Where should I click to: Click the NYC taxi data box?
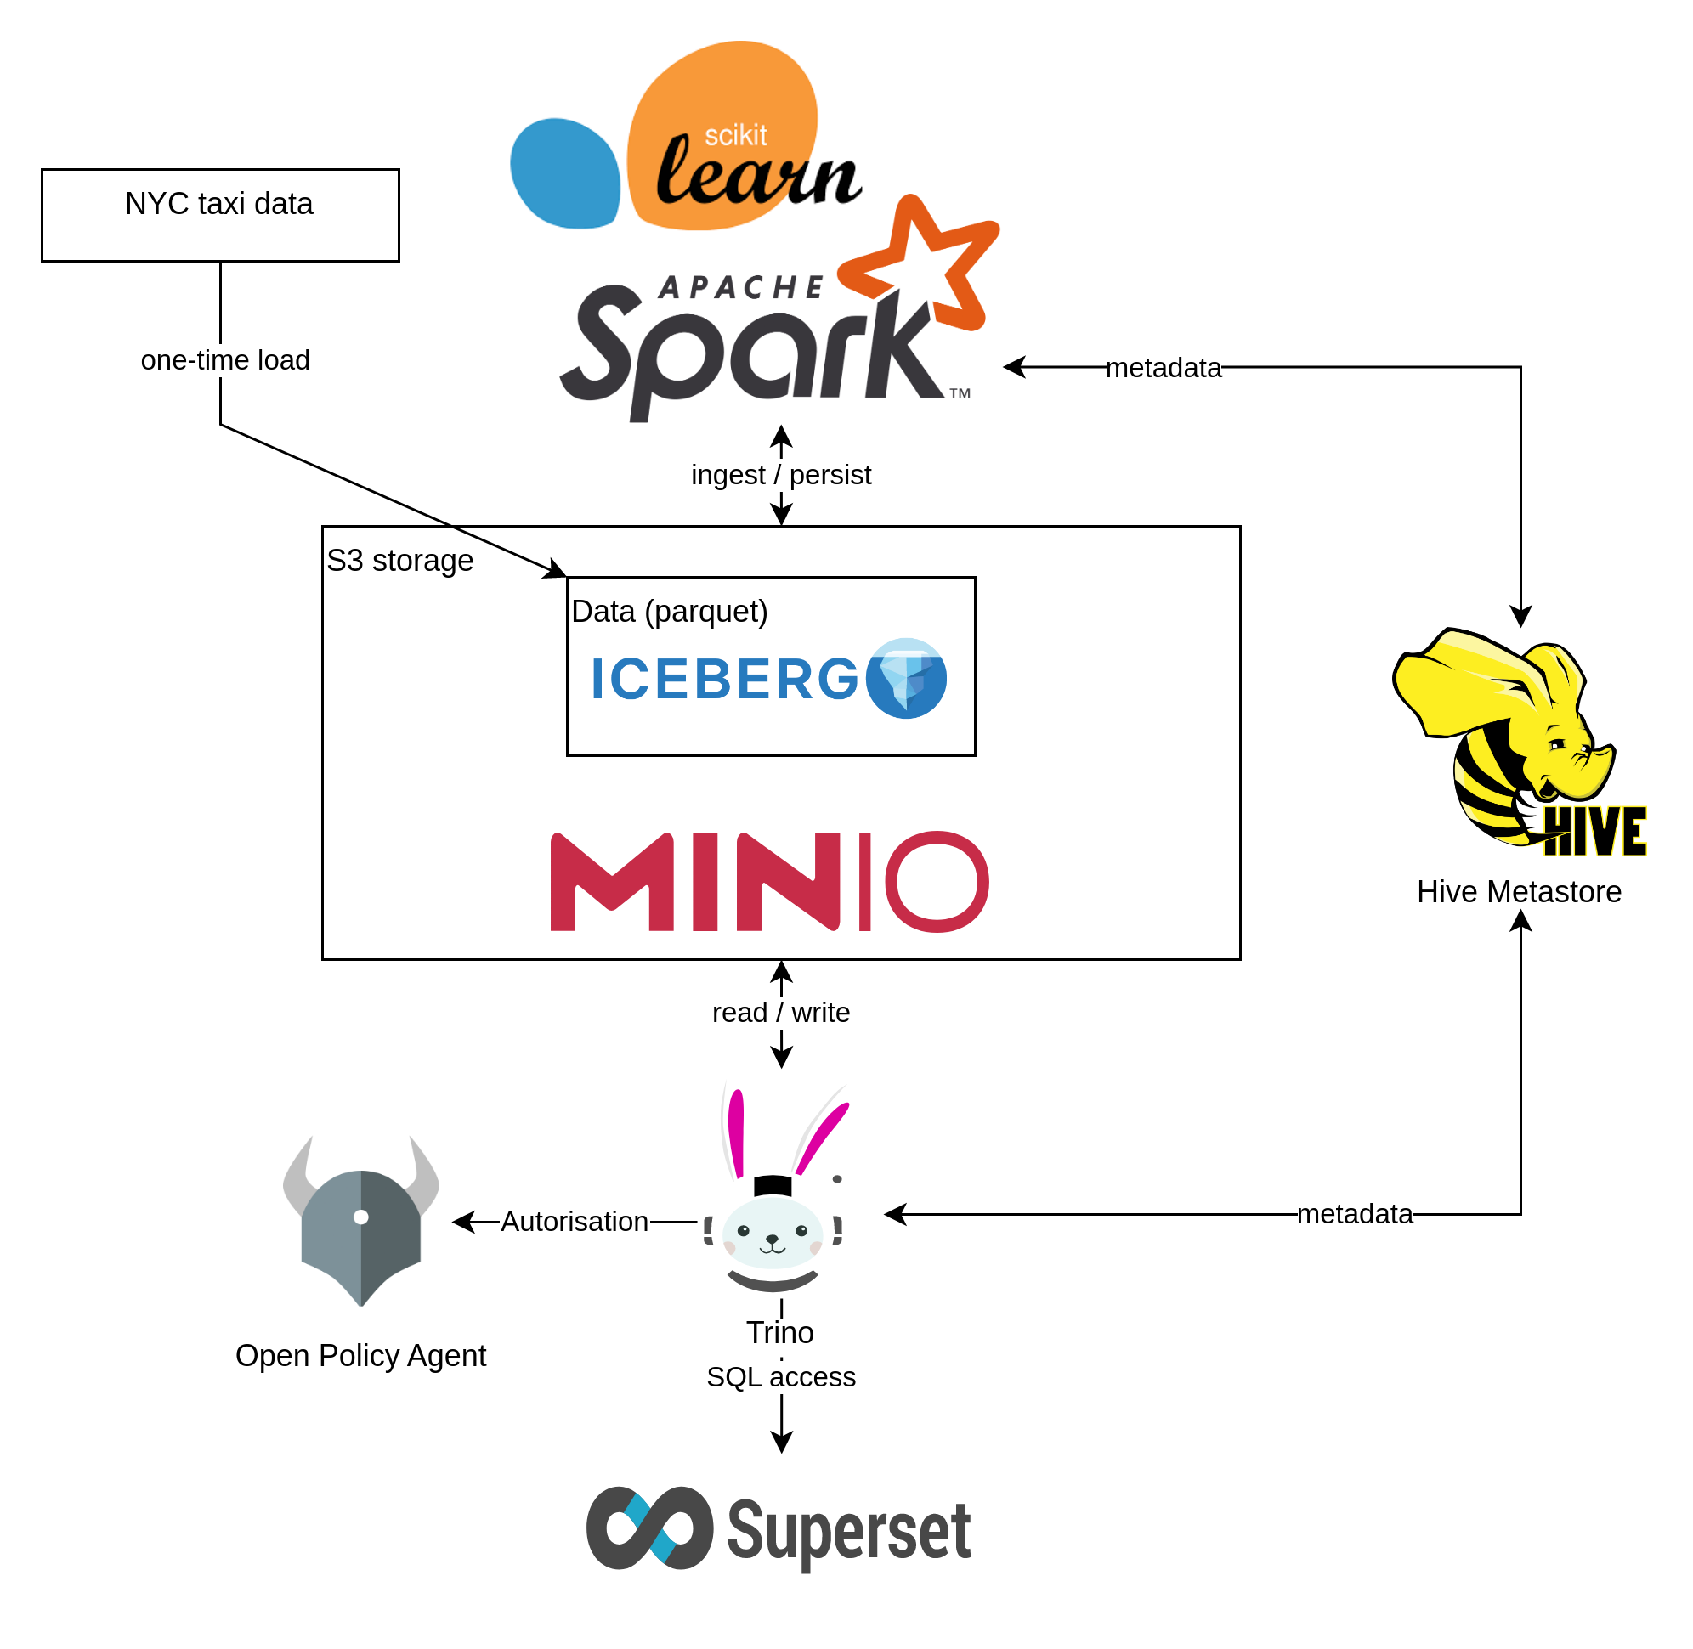pos(220,215)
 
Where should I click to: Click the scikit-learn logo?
pos(685,136)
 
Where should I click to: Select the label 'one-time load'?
pos(225,360)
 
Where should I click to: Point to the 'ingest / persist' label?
pos(781,475)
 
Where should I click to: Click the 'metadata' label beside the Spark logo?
pos(1163,368)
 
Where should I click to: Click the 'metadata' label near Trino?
pos(1354,1214)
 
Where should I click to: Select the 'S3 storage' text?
pos(399,562)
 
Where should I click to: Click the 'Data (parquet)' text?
pos(669,612)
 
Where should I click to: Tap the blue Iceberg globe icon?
pos(905,678)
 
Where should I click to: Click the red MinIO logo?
pos(769,882)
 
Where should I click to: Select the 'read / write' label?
pos(781,1013)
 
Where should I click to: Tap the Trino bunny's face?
pos(772,1234)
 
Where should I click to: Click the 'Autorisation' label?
pos(575,1222)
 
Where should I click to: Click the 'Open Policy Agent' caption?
pos(362,1356)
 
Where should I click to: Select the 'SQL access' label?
pos(781,1377)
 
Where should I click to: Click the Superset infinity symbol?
pos(650,1528)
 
